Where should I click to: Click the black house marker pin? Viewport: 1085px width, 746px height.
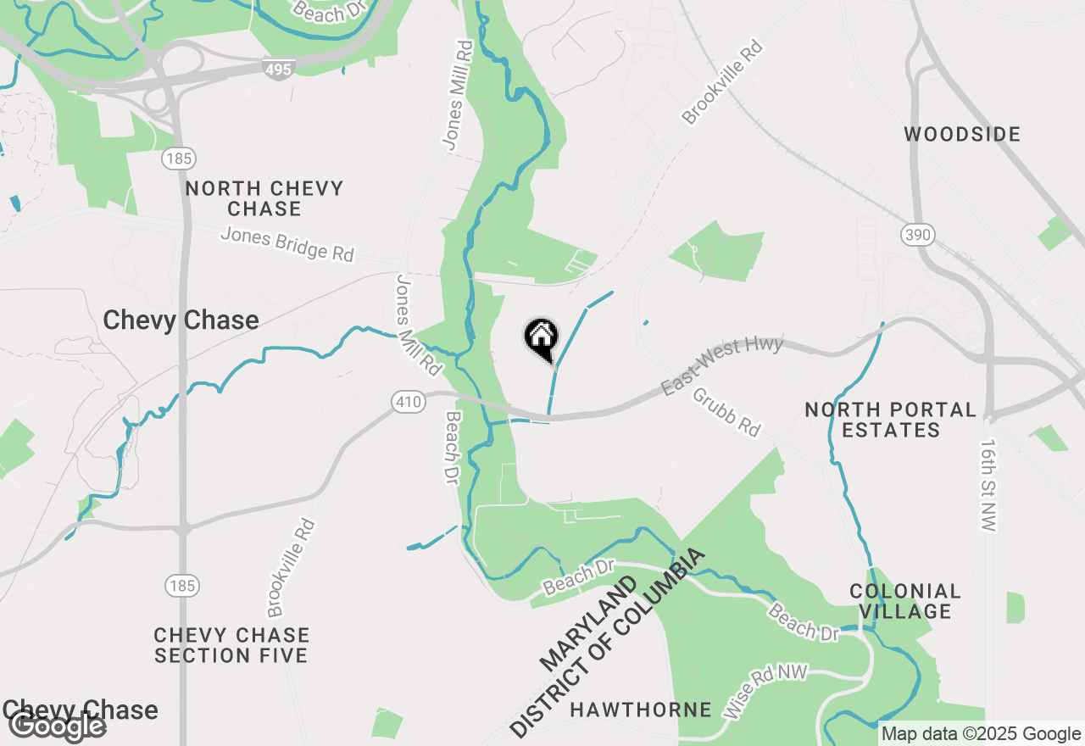541,339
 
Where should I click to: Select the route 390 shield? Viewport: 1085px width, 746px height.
918,235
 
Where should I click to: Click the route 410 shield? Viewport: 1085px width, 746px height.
409,403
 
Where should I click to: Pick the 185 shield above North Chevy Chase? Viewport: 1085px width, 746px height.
181,159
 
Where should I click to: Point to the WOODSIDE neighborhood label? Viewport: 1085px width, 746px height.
962,134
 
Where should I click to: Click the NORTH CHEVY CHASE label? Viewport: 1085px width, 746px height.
264,198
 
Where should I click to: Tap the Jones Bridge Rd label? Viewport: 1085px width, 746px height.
287,245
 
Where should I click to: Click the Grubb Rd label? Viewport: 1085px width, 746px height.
726,412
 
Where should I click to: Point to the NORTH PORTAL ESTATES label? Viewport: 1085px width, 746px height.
891,420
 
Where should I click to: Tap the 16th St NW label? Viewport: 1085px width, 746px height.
988,485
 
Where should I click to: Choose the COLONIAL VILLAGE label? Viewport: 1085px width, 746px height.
905,601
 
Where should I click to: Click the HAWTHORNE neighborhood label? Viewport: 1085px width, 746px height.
640,710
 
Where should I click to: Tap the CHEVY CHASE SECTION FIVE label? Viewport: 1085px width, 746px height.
231,645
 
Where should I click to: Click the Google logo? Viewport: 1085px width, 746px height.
58,726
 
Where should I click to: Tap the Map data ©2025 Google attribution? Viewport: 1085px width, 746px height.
981,734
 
